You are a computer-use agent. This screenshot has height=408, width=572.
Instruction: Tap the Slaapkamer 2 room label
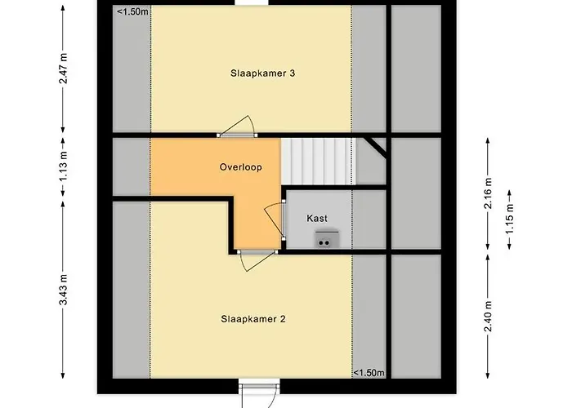click(252, 319)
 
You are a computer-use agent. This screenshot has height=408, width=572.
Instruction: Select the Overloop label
click(240, 167)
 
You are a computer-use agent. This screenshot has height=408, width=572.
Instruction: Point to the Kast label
click(318, 219)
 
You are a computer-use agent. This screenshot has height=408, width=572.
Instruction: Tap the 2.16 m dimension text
click(488, 194)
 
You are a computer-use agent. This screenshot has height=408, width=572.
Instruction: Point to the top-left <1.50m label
click(132, 11)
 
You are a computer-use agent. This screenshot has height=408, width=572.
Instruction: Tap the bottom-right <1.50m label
click(369, 373)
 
